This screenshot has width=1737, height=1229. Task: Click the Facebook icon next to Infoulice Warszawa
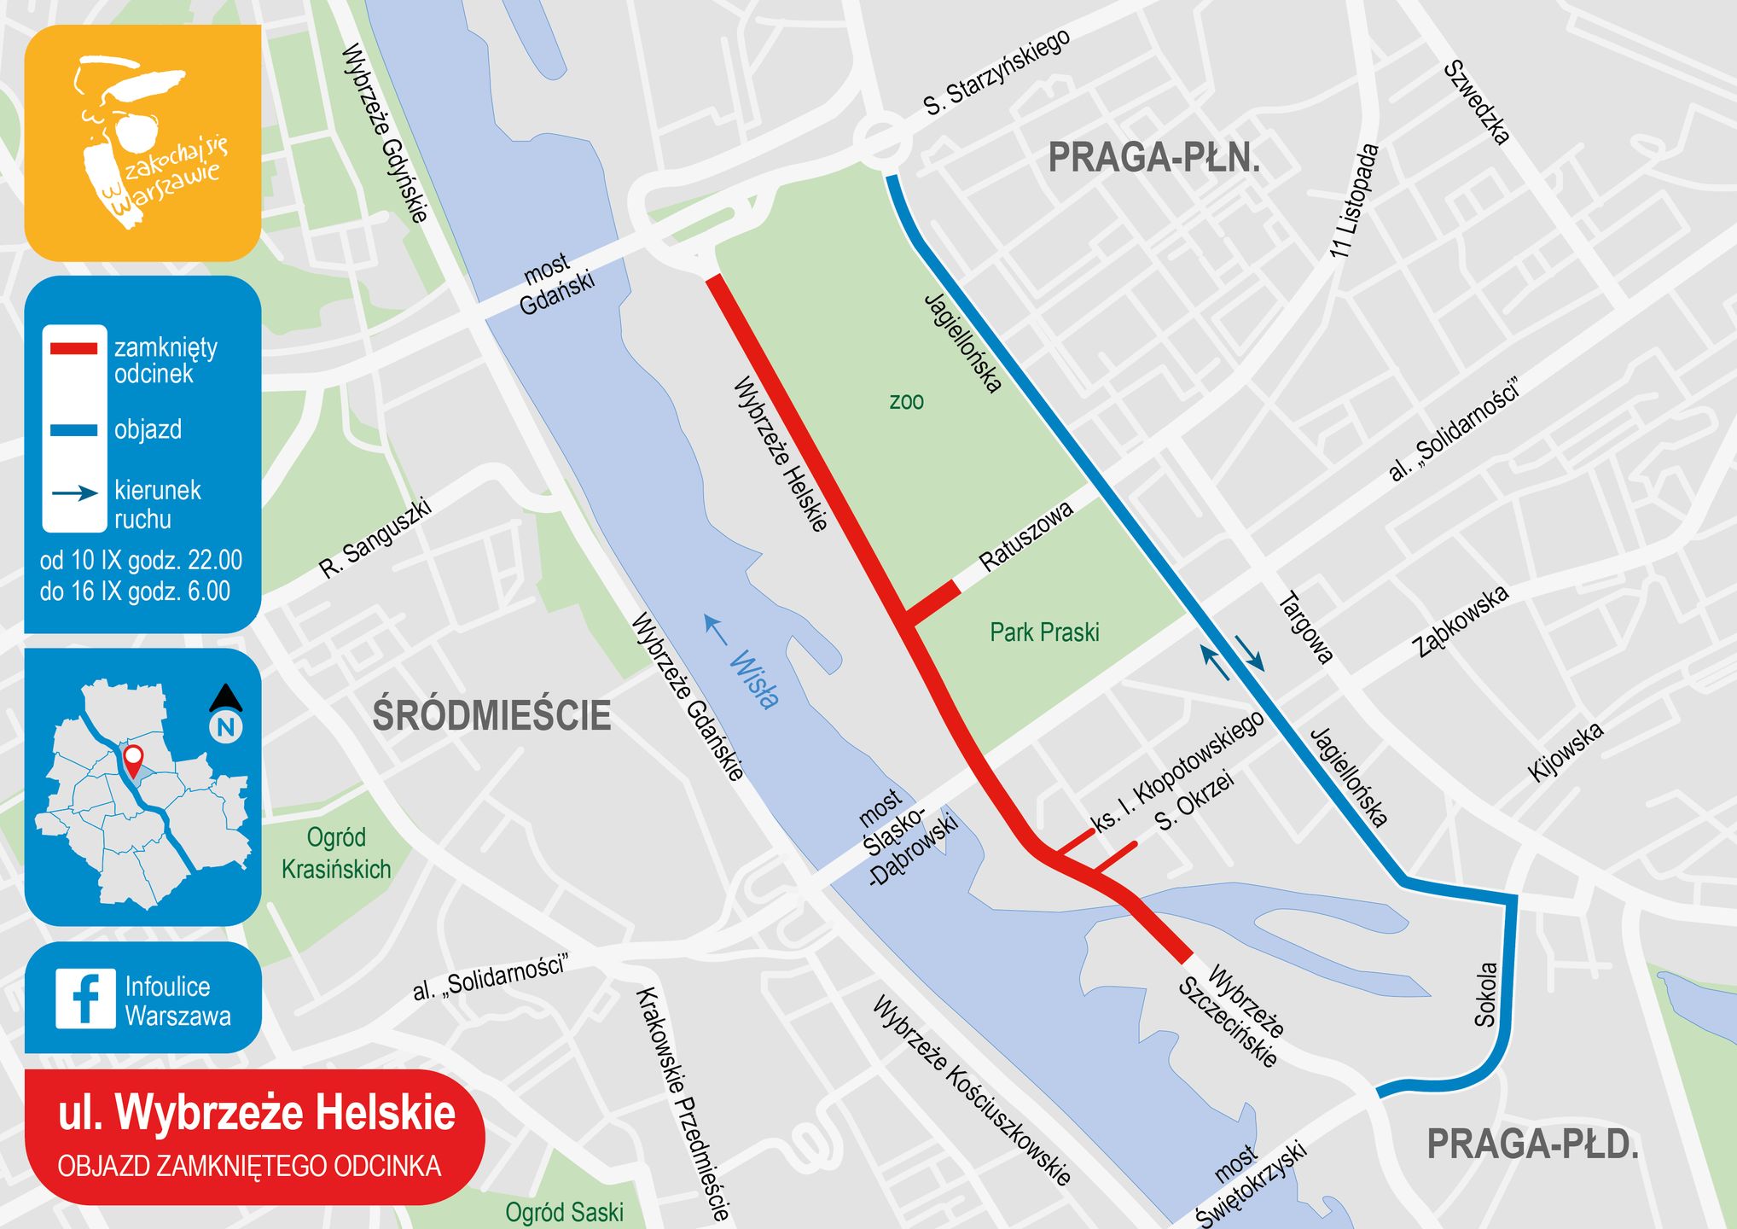[85, 999]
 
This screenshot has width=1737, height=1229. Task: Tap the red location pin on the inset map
[133, 758]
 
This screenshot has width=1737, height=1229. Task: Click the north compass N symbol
[226, 726]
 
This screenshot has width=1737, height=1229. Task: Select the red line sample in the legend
[73, 348]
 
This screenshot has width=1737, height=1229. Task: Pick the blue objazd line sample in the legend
[73, 430]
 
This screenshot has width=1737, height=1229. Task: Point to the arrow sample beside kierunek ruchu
[75, 493]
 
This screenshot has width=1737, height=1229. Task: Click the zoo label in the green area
[906, 401]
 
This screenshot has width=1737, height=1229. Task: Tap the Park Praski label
[1044, 632]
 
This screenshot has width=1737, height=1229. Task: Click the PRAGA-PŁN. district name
[1153, 159]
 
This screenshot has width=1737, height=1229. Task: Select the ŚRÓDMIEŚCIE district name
[492, 715]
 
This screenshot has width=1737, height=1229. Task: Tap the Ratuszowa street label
[1025, 537]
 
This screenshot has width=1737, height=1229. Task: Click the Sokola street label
[1486, 994]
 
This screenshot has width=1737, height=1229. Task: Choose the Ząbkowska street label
[1461, 621]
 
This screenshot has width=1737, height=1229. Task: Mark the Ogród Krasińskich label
[336, 853]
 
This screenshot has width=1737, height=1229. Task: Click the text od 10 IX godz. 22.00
[141, 561]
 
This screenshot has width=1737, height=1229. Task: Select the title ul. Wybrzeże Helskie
[256, 1113]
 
